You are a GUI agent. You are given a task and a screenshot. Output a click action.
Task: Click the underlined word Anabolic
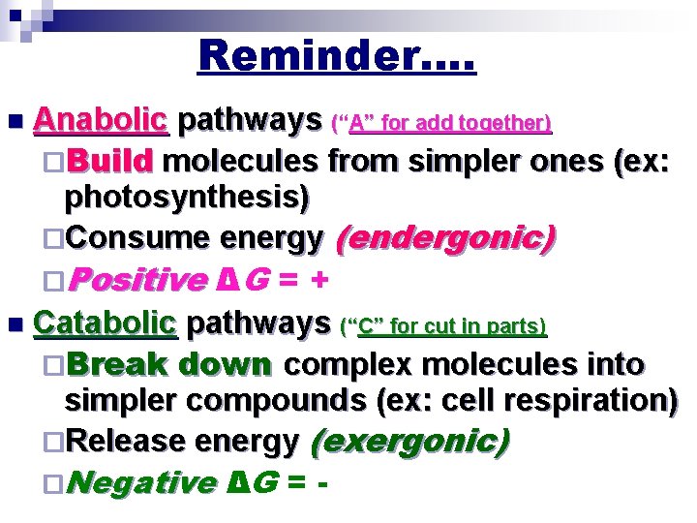pos(101,122)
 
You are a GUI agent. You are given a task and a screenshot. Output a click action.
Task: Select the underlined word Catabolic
pos(106,323)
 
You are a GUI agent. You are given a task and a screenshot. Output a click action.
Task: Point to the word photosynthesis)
pos(187,198)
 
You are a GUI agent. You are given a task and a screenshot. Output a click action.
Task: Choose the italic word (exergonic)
pos(409,442)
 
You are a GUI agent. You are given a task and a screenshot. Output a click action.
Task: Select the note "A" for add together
pos(441,124)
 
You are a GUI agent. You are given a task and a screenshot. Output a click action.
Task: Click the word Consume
pos(138,238)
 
